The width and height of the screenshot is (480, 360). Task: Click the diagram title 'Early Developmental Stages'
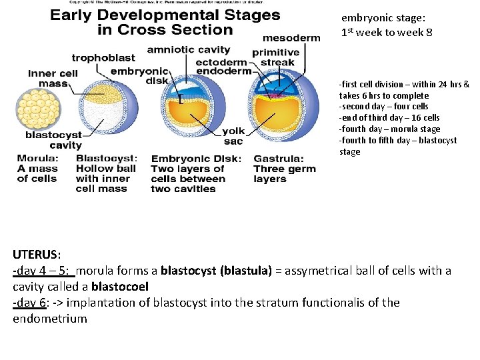pyautogui.click(x=165, y=15)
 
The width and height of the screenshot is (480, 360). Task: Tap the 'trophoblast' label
pyautogui.click(x=103, y=58)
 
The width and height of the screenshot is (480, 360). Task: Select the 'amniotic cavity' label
pyautogui.click(x=189, y=50)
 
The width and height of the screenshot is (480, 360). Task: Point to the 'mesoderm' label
pyautogui.click(x=291, y=38)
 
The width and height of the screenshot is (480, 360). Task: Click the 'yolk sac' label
pyautogui.click(x=233, y=136)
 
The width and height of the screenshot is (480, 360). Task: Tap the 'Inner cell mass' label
pyautogui.click(x=53, y=79)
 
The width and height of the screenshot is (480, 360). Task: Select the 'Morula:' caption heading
pyautogui.click(x=37, y=159)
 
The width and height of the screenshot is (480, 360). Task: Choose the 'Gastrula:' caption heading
pyautogui.click(x=279, y=159)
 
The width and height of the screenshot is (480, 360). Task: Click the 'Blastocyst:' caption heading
pyautogui.click(x=107, y=159)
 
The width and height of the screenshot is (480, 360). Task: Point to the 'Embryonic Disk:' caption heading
pyautogui.click(x=196, y=159)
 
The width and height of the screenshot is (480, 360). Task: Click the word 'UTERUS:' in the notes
pyautogui.click(x=37, y=255)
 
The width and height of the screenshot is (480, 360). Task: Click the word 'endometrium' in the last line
pyautogui.click(x=50, y=319)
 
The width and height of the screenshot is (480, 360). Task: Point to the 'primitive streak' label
pyautogui.click(x=276, y=58)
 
